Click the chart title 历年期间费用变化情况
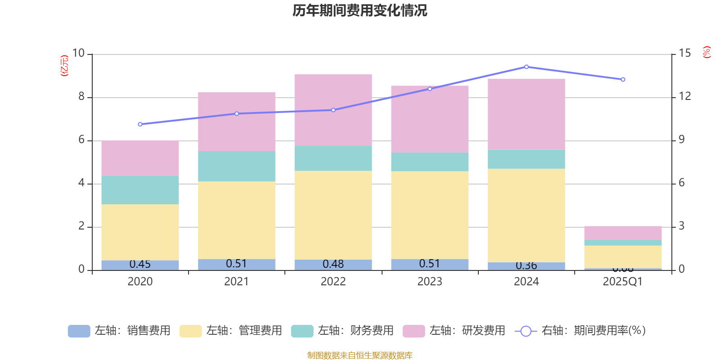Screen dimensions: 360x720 (360, 11)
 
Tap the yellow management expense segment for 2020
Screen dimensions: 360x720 (140, 232)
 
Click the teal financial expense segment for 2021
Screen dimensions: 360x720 (237, 166)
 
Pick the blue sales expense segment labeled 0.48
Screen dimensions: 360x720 (333, 265)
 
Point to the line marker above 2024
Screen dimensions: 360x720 (526, 67)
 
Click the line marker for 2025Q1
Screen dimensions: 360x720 (623, 80)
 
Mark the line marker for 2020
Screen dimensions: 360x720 (140, 124)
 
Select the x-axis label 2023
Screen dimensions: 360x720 (430, 282)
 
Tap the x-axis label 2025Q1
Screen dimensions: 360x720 (623, 282)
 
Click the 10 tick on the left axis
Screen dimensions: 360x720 (78, 54)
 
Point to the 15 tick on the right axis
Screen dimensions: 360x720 (685, 54)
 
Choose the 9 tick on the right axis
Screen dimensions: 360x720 (682, 140)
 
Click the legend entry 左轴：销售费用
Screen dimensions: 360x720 (120, 331)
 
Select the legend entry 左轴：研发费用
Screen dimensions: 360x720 (454, 331)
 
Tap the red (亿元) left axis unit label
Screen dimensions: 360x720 (64, 66)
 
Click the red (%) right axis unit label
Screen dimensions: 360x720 (707, 52)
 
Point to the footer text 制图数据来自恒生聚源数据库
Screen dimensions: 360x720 (360, 355)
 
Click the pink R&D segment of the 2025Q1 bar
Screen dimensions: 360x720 (623, 233)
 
